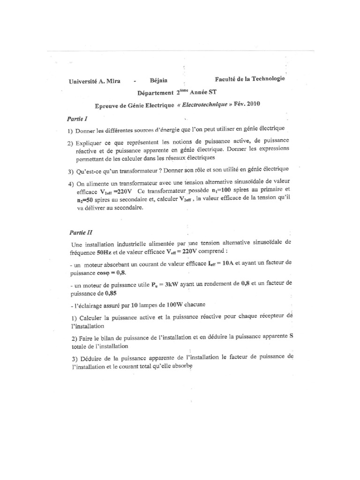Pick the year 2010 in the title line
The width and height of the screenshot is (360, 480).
[250, 104]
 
